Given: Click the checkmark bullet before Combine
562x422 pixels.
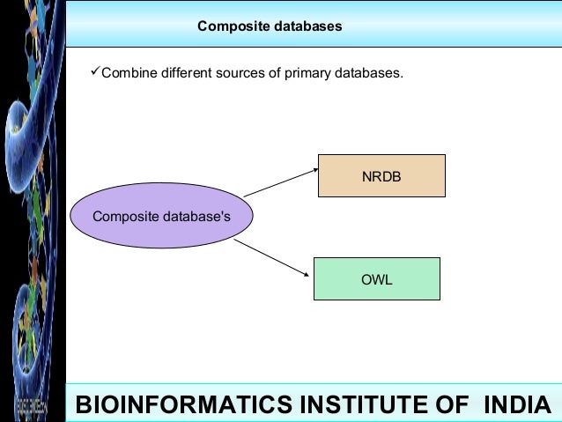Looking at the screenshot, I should click(x=96, y=71).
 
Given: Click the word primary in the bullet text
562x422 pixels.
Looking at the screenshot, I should click(x=307, y=72).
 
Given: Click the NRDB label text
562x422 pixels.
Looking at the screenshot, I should click(x=381, y=176).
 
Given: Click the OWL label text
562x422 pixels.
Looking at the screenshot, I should click(x=376, y=280).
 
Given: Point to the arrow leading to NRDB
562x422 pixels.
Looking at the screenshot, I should click(x=279, y=181).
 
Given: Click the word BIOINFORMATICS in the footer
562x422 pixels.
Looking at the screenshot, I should click(x=184, y=405).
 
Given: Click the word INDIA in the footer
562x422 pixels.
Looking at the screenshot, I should click(x=517, y=405).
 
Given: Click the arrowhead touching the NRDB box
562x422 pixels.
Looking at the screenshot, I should click(x=314, y=168).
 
